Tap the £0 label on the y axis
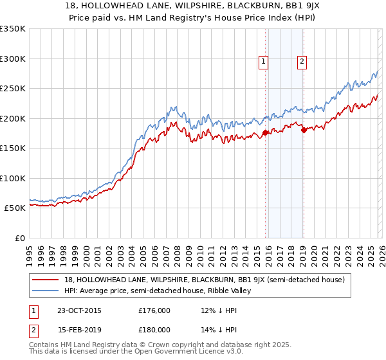pos(19,238)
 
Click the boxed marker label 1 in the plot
pos(264,62)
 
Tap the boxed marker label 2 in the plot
pos(302,62)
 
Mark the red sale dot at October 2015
pos(265,133)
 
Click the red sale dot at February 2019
pos(303,130)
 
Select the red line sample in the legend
pos(47,280)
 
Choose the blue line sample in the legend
pos(47,291)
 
